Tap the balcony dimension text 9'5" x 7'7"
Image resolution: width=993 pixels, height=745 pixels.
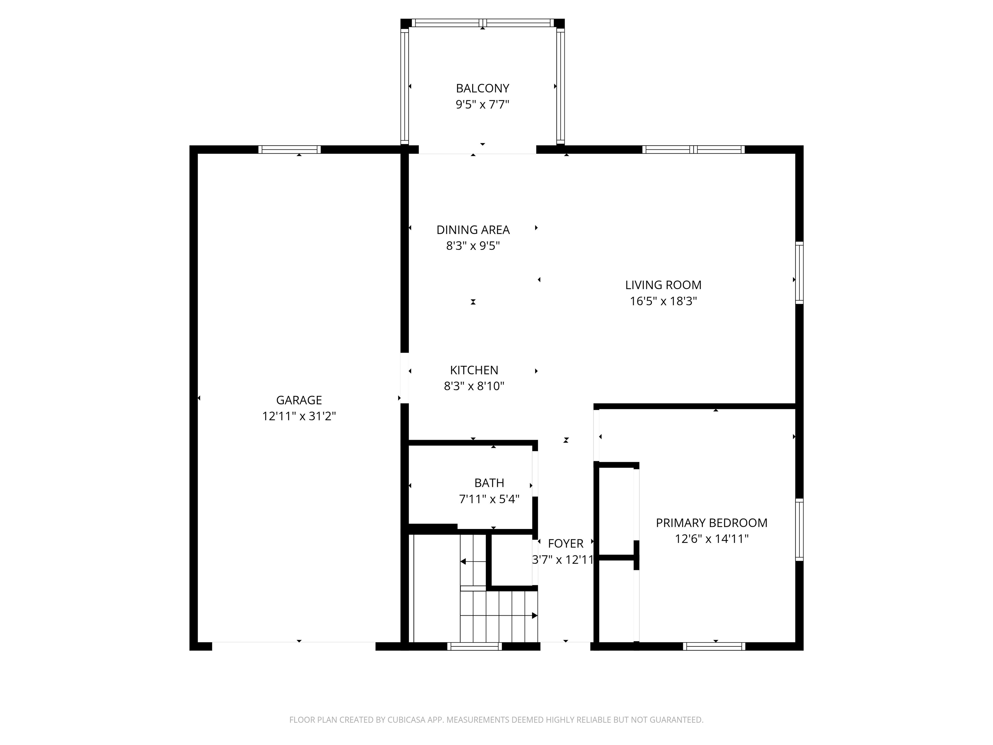pyautogui.click(x=483, y=105)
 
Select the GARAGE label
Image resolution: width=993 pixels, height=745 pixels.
pyautogui.click(x=299, y=400)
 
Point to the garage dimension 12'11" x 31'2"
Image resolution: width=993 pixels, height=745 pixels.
pyautogui.click(x=299, y=416)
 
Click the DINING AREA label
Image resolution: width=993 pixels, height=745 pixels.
pyautogui.click(x=473, y=230)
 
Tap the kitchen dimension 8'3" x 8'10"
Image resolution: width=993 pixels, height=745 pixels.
pyautogui.click(x=474, y=386)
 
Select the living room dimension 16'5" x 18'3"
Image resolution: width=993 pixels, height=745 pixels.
pyautogui.click(x=663, y=301)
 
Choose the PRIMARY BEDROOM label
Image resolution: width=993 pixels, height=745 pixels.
pyautogui.click(x=711, y=523)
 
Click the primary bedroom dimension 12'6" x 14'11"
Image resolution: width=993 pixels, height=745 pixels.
pyautogui.click(x=711, y=539)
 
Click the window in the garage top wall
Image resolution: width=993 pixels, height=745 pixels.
pyautogui.click(x=290, y=149)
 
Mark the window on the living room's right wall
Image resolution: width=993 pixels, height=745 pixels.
pyautogui.click(x=799, y=273)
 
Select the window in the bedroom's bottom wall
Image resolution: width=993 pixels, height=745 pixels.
pyautogui.click(x=714, y=646)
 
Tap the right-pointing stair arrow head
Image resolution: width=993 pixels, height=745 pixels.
pyautogui.click(x=534, y=615)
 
